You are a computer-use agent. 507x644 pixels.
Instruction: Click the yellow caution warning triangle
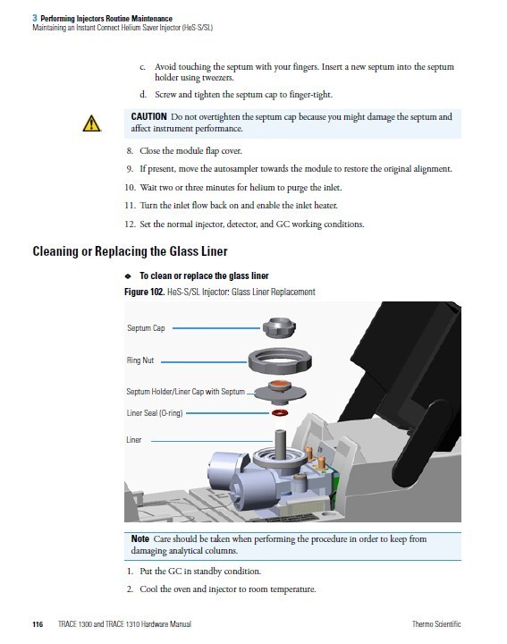(x=91, y=123)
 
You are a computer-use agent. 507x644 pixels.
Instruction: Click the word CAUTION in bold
(x=148, y=116)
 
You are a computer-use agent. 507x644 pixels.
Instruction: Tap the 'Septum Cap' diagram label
(x=146, y=328)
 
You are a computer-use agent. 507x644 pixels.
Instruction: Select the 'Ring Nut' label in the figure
(x=140, y=360)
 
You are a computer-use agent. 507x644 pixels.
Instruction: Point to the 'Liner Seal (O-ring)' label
(x=155, y=413)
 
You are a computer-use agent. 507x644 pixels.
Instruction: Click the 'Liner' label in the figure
(x=134, y=440)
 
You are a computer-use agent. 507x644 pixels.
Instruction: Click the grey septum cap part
(x=279, y=327)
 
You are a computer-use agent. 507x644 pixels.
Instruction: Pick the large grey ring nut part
(x=280, y=361)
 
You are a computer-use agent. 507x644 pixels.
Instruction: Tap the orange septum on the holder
(x=279, y=386)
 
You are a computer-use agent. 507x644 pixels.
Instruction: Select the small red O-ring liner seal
(x=280, y=412)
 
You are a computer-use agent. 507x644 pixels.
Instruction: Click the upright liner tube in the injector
(x=280, y=444)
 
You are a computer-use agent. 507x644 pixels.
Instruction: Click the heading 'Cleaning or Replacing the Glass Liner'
(x=130, y=251)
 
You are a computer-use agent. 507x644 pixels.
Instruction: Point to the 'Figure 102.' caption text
(x=145, y=292)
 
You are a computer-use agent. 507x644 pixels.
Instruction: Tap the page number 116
(x=38, y=624)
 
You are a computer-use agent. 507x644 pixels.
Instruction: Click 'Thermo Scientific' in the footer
(x=436, y=624)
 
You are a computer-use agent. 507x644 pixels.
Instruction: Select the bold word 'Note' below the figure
(x=140, y=538)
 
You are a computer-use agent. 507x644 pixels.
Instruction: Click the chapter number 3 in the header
(x=35, y=18)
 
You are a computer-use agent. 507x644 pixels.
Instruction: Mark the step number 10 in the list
(x=130, y=188)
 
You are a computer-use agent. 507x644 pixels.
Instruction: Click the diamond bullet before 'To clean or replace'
(x=128, y=276)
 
